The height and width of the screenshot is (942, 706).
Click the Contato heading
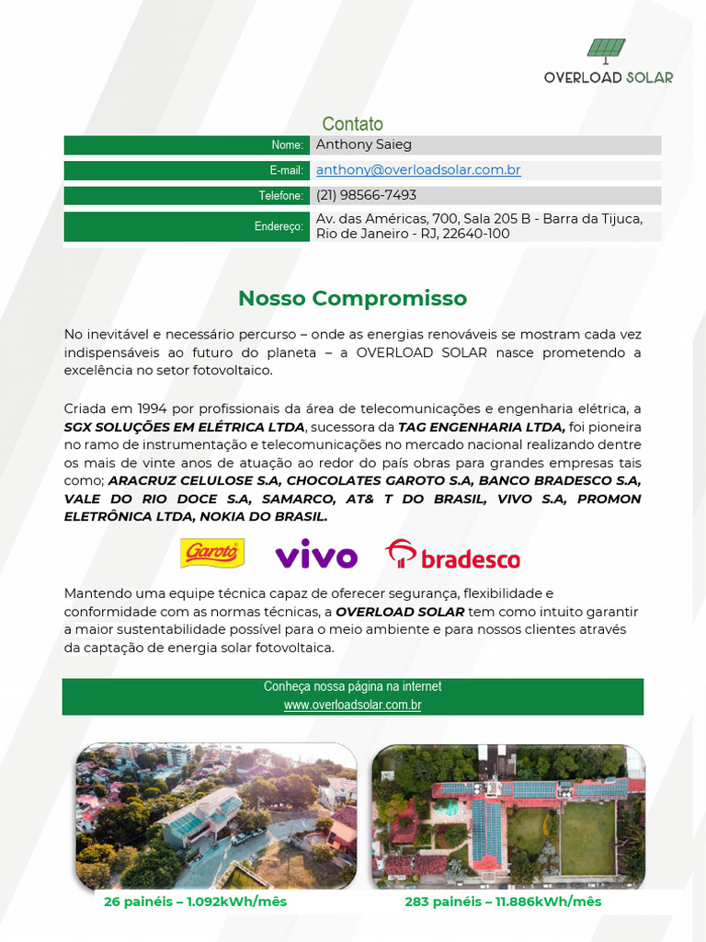(x=352, y=124)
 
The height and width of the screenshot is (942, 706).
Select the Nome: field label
(x=287, y=145)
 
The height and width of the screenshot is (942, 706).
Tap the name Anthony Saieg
(x=364, y=144)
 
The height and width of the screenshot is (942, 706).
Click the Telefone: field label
(x=280, y=196)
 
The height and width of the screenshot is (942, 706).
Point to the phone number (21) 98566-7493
(x=366, y=195)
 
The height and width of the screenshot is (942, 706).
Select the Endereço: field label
(x=279, y=226)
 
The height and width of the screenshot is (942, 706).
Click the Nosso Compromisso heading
(x=352, y=298)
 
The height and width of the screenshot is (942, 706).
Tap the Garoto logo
(x=212, y=553)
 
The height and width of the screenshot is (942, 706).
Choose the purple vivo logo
(x=316, y=556)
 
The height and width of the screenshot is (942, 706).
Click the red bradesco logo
(x=452, y=556)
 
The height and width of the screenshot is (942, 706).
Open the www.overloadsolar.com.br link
(x=352, y=706)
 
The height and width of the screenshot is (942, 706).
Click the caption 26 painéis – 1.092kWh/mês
(x=195, y=902)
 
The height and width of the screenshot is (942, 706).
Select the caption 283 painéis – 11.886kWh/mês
(x=503, y=902)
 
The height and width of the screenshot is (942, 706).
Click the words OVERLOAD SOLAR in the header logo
(x=608, y=77)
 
